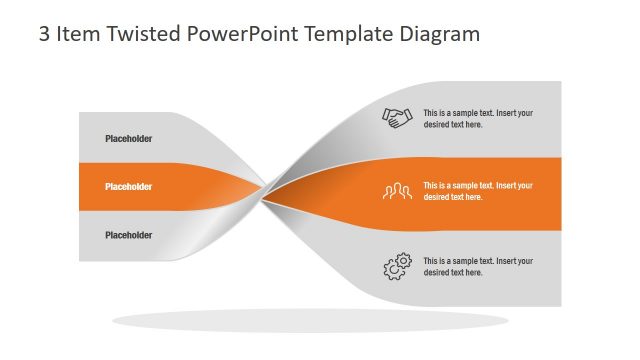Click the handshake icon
pos(397,118)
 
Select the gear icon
pos(397,267)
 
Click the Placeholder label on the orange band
pos(129,187)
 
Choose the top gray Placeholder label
pos(129,139)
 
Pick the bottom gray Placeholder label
pos(129,235)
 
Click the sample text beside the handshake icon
pos(477,119)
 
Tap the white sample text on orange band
pos(477,191)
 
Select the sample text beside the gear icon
pos(477,267)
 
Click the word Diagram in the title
pos(439,34)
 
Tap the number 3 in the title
pos(44,34)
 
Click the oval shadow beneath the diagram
pos(310,321)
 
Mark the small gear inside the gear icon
pos(404,260)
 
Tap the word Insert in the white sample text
pos(508,185)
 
